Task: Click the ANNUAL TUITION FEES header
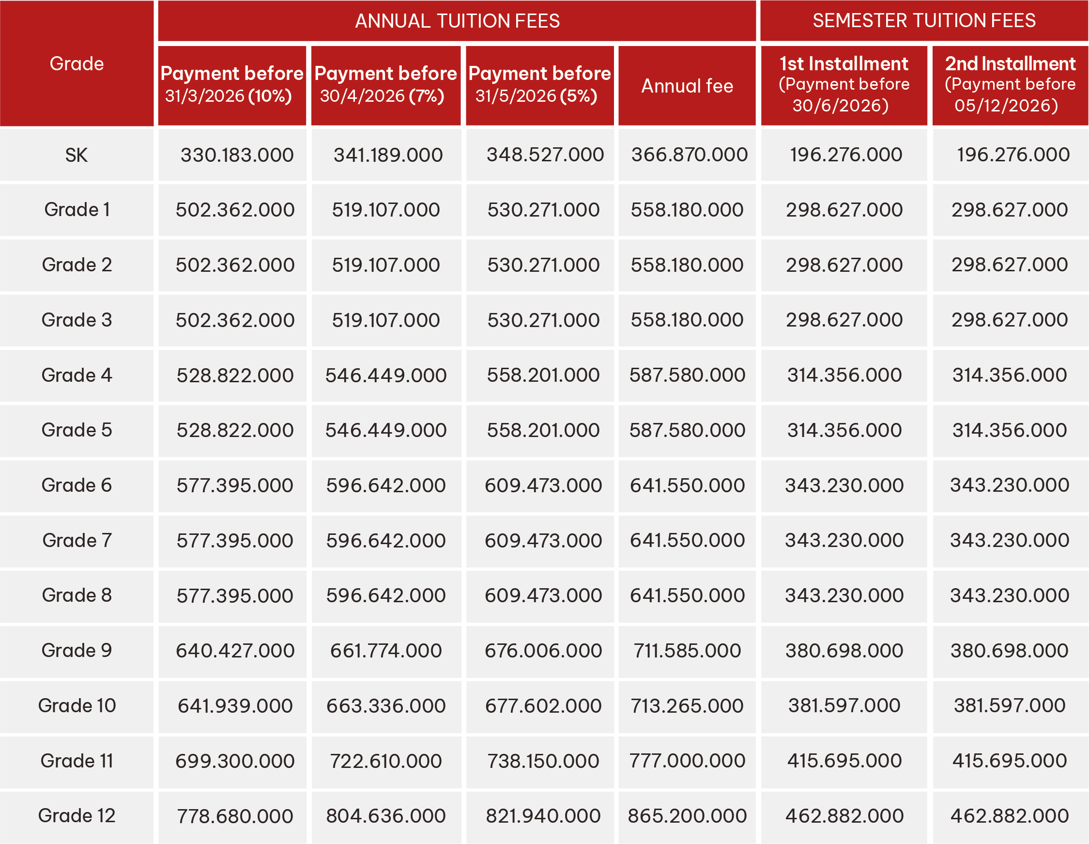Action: coord(457,21)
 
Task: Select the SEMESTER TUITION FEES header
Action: coord(923,21)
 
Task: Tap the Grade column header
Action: coord(77,64)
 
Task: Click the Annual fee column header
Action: coord(687,86)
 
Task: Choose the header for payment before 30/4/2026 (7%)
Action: coord(385,85)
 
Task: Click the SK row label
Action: coord(77,155)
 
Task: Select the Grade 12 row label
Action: coord(77,815)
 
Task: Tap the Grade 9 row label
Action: coord(77,651)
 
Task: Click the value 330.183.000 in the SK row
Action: coord(237,155)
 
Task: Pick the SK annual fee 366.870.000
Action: coord(689,155)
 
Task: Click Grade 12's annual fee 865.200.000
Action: coord(687,816)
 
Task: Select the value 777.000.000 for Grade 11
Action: coord(687,761)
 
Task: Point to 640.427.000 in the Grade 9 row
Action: coord(235,651)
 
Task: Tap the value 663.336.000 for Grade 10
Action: coord(385,706)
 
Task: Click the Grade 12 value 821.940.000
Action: coord(543,816)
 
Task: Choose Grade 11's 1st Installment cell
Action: coord(844,761)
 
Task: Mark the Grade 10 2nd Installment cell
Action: coord(1009,705)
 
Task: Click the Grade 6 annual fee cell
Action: coord(687,485)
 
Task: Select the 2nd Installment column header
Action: coord(1010,85)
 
